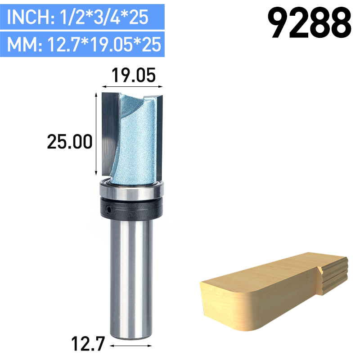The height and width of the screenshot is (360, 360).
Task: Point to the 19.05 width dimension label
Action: tap(130, 75)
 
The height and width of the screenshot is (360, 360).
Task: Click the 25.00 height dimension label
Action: tap(70, 142)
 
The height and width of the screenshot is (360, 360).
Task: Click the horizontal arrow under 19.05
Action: tap(130, 85)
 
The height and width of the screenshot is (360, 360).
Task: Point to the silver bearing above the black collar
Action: tap(130, 190)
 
